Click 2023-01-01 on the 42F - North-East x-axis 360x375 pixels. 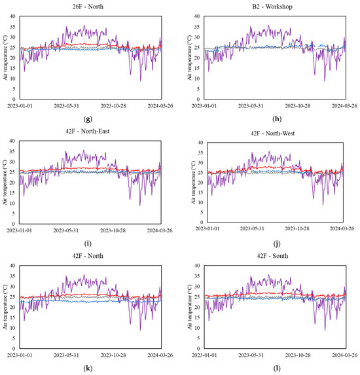coord(23,230)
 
